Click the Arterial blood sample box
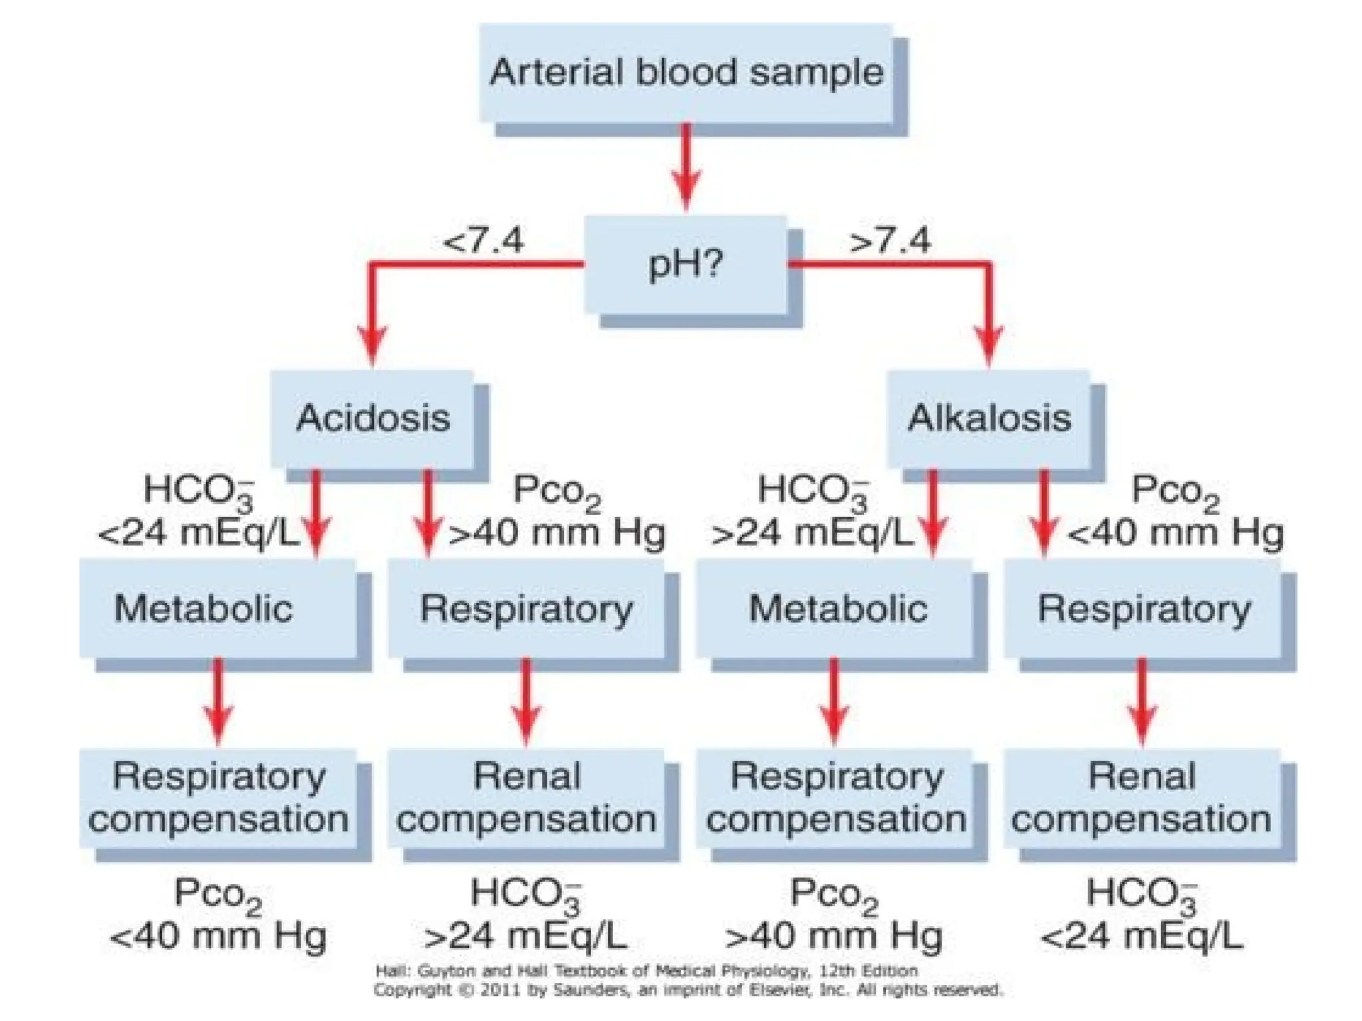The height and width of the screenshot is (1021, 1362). tap(686, 73)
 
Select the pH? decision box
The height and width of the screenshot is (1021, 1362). tap(686, 265)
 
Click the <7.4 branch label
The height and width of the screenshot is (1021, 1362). tap(483, 241)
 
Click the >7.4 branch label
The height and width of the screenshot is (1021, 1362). tap(890, 241)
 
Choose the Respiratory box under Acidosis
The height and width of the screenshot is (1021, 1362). tap(526, 608)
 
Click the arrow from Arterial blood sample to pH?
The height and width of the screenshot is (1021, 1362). tap(686, 166)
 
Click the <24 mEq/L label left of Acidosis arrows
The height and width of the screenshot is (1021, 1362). tap(198, 533)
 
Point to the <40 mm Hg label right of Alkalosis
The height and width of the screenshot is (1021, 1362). tap(1175, 533)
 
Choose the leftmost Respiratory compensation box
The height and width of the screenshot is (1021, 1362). tap(217, 798)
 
